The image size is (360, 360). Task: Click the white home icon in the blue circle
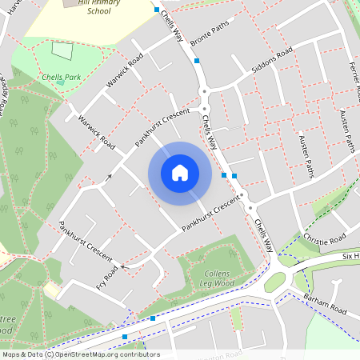(179, 173)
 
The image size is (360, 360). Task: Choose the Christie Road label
(325, 239)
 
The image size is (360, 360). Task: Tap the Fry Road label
(106, 277)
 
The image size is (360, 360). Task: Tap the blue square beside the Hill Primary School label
(157, 9)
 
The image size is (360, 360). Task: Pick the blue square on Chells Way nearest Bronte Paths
(197, 60)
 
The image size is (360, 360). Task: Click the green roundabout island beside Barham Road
(275, 282)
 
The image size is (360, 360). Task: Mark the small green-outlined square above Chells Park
(62, 50)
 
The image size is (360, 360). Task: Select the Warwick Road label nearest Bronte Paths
(124, 70)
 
